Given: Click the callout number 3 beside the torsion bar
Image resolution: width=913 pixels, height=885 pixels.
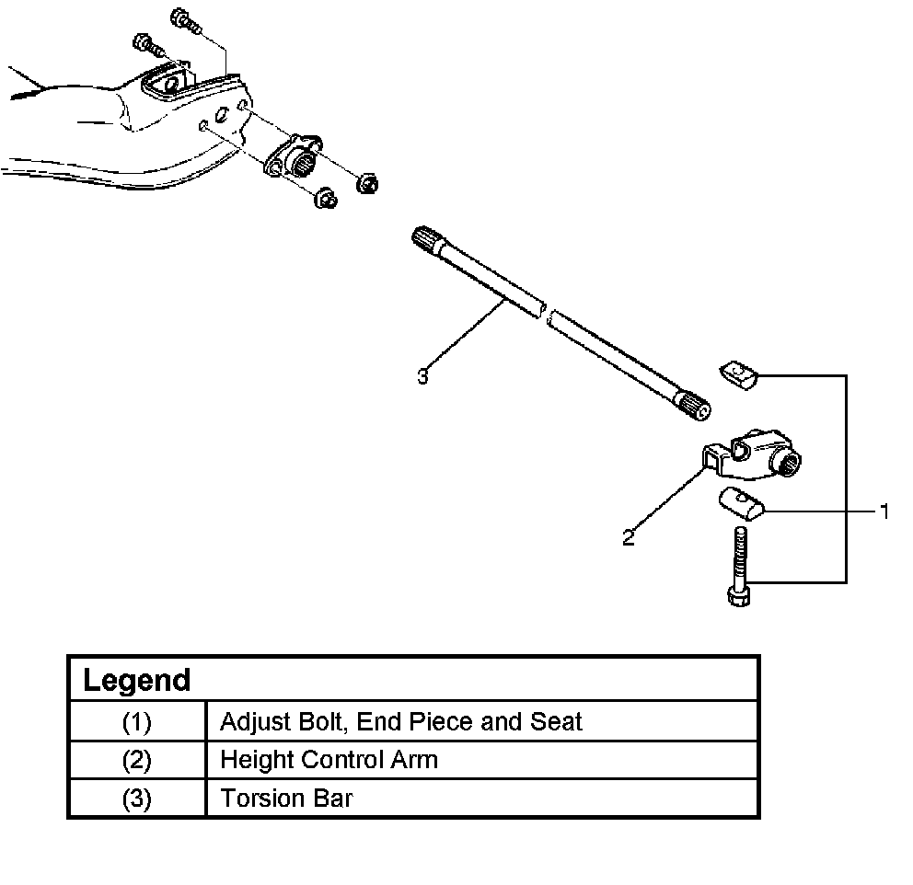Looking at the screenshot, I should (x=422, y=376).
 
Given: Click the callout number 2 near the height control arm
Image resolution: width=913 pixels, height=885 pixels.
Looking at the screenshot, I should (x=629, y=538).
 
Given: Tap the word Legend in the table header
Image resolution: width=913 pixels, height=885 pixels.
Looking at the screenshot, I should (x=136, y=681).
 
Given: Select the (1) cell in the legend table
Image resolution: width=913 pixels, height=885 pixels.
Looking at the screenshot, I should (x=136, y=721).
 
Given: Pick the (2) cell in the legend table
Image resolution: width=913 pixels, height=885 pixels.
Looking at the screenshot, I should (x=136, y=760).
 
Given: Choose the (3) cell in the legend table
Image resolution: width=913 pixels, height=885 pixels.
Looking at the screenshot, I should (x=136, y=798).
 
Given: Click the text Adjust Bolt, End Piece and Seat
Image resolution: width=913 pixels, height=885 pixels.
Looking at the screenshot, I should (x=400, y=721).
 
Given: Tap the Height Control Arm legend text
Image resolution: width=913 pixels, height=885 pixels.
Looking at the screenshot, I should (x=329, y=760).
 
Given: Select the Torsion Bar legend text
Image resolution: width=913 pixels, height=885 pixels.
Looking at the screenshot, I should (x=286, y=798).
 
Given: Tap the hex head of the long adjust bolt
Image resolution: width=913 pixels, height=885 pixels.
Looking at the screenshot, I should (x=738, y=597).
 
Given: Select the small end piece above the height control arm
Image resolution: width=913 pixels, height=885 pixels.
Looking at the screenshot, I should (x=737, y=374).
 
